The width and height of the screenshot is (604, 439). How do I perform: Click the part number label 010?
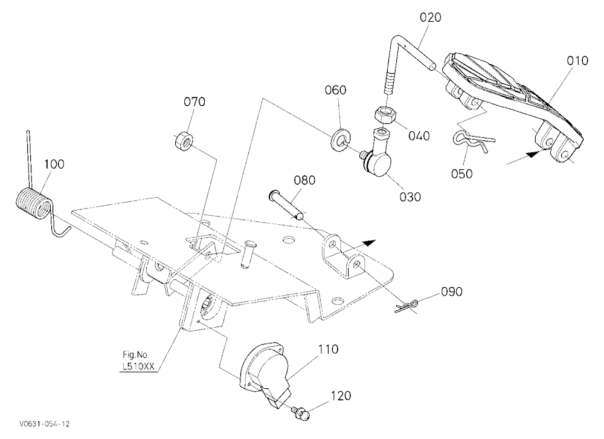tap(577, 60)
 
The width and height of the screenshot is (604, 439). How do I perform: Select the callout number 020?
tap(431, 18)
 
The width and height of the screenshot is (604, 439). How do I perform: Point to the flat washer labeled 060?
tap(339, 140)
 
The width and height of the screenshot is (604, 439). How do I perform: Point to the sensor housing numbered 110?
tap(266, 374)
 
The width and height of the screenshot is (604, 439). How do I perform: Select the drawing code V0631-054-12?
tap(45, 424)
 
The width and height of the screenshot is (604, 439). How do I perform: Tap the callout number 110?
tap(328, 350)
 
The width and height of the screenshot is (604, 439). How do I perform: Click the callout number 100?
tap(54, 164)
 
